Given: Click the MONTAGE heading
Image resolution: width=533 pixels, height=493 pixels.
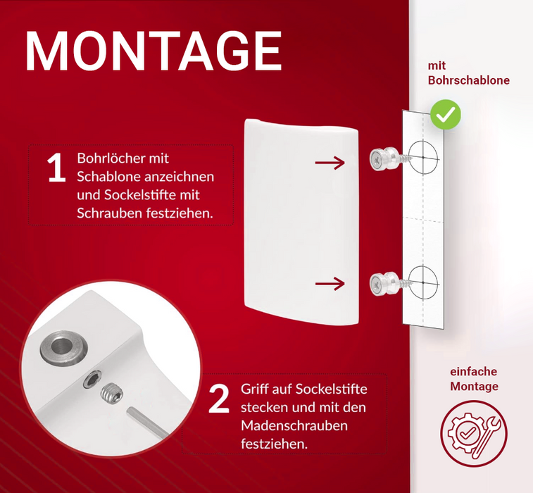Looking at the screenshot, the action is [153, 51].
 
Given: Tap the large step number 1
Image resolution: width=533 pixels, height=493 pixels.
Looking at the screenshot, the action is [56, 168].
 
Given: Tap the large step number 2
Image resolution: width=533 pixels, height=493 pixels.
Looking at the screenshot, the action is [219, 399].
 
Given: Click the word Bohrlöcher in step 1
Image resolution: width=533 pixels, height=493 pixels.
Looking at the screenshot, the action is [123, 158].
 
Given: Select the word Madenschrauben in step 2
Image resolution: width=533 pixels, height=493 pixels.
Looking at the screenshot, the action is [294, 425].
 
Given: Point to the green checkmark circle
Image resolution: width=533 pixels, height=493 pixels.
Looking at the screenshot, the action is [445, 115].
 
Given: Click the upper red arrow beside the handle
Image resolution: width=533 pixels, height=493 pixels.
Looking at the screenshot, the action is [330, 163].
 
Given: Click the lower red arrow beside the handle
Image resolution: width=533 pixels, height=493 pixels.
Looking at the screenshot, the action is [330, 284].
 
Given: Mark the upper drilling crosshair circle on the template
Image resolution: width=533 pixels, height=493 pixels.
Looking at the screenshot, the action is [423, 158].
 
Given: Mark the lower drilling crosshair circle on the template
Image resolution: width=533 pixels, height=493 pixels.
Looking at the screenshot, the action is [423, 283].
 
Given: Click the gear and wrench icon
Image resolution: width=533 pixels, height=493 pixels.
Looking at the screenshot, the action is [474, 434].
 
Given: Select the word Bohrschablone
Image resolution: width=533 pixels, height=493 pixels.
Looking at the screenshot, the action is [469, 80].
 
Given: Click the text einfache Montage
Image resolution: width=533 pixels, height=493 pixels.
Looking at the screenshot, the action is [474, 379].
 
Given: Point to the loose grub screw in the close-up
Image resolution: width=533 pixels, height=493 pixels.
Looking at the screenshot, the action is [112, 393].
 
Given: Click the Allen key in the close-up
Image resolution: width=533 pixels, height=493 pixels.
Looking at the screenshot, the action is [148, 424].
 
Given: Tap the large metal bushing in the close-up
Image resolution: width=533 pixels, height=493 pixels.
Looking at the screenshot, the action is [63, 347].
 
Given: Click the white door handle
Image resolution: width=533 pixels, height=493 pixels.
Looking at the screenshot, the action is [301, 222].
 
